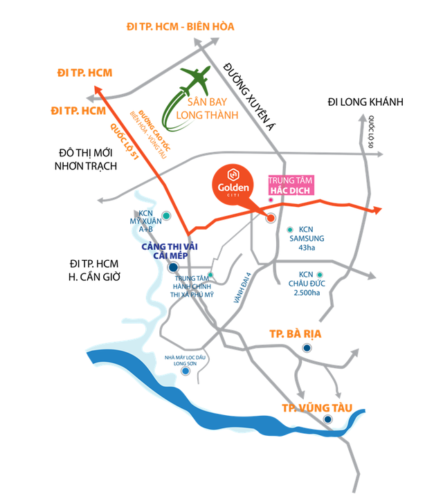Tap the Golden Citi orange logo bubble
pyautogui.click(x=233, y=185)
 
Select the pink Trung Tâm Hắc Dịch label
pyautogui.click(x=291, y=185)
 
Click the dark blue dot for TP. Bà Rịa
pyautogui.click(x=307, y=348)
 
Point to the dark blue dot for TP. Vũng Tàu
pyautogui.click(x=328, y=419)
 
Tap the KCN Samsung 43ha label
pyautogui.click(x=307, y=238)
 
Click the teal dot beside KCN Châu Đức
pyautogui.click(x=320, y=275)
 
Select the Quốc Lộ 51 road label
pyautogui.click(x=125, y=141)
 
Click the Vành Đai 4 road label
pyautogui.click(x=242, y=288)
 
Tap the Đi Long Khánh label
pyautogui.click(x=365, y=102)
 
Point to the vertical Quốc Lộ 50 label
pyautogui.click(x=371, y=131)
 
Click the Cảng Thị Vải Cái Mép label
pyautogui.click(x=170, y=251)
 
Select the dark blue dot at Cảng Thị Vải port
pyautogui.click(x=173, y=267)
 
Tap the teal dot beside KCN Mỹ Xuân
pyautogui.click(x=166, y=216)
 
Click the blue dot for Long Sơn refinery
pyautogui.click(x=186, y=371)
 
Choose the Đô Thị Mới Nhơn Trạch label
pyautogui.click(x=86, y=159)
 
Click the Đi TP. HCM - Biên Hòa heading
pyautogui.click(x=181, y=26)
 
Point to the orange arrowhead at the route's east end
pyautogui.click(x=377, y=210)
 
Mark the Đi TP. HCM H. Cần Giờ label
pyautogui.click(x=94, y=270)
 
